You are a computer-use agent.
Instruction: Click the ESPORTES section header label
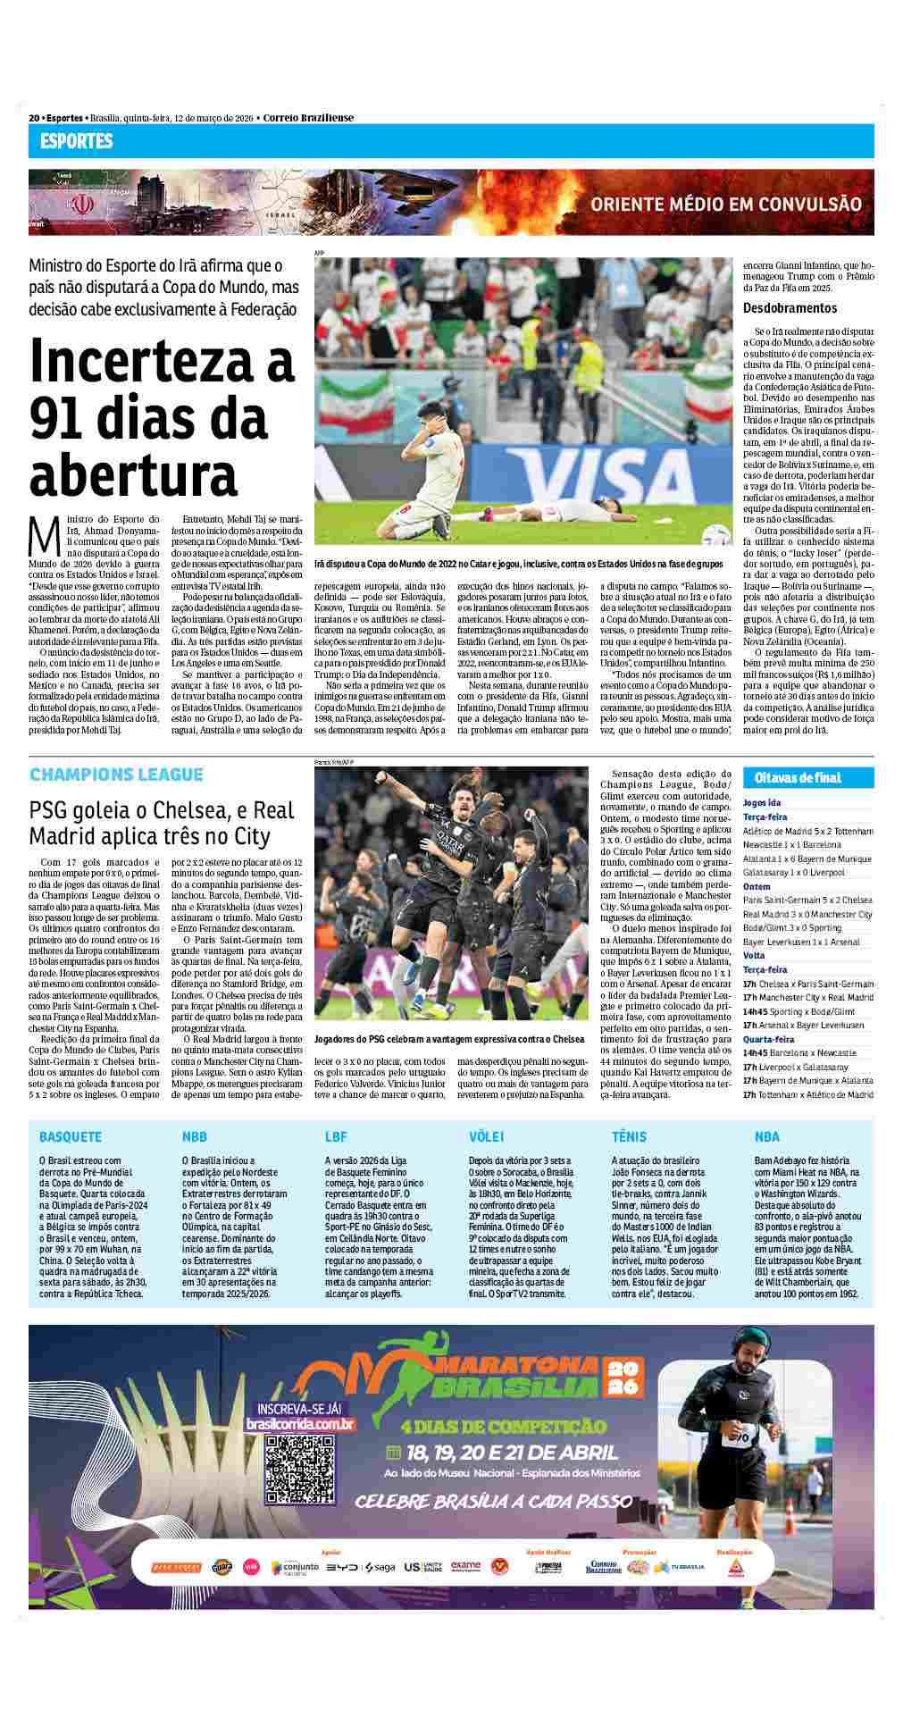(76, 141)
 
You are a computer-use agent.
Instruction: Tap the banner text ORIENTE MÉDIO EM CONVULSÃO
(725, 204)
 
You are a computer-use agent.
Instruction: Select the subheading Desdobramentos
(790, 308)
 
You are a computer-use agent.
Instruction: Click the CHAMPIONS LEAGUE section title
(116, 775)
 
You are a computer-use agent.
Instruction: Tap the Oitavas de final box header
(798, 777)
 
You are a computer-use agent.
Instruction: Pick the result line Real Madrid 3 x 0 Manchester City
(807, 914)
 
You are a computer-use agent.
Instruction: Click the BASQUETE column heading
(71, 1137)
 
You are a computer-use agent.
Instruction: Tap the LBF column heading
(336, 1137)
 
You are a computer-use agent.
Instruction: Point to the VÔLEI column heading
(487, 1137)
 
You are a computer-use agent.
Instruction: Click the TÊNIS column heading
(629, 1137)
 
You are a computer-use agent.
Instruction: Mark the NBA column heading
(766, 1137)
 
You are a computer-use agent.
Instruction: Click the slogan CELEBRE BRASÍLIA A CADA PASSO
(494, 1502)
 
